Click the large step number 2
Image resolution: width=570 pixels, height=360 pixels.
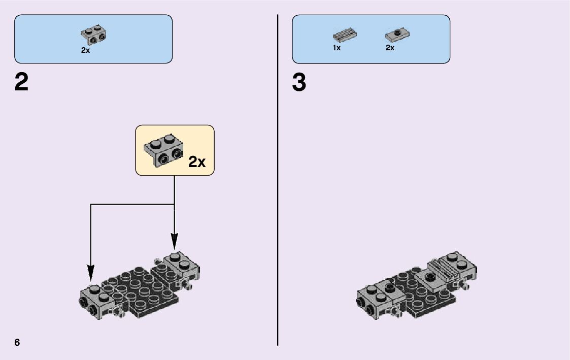[22, 82]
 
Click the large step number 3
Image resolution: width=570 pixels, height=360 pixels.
[299, 82]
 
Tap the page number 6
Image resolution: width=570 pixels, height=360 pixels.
[17, 342]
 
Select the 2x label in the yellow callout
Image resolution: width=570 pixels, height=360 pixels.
[197, 162]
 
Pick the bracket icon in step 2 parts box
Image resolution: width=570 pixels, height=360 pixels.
[93, 35]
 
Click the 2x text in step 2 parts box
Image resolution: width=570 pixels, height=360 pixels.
[85, 50]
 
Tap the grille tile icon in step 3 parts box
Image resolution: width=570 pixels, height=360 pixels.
[345, 36]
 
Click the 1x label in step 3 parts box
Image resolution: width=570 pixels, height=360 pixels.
[337, 48]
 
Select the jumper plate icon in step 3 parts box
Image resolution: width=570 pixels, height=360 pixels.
[397, 35]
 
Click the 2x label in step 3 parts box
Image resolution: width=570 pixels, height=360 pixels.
[390, 48]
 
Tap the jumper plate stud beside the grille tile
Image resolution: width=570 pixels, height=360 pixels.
[430, 276]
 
